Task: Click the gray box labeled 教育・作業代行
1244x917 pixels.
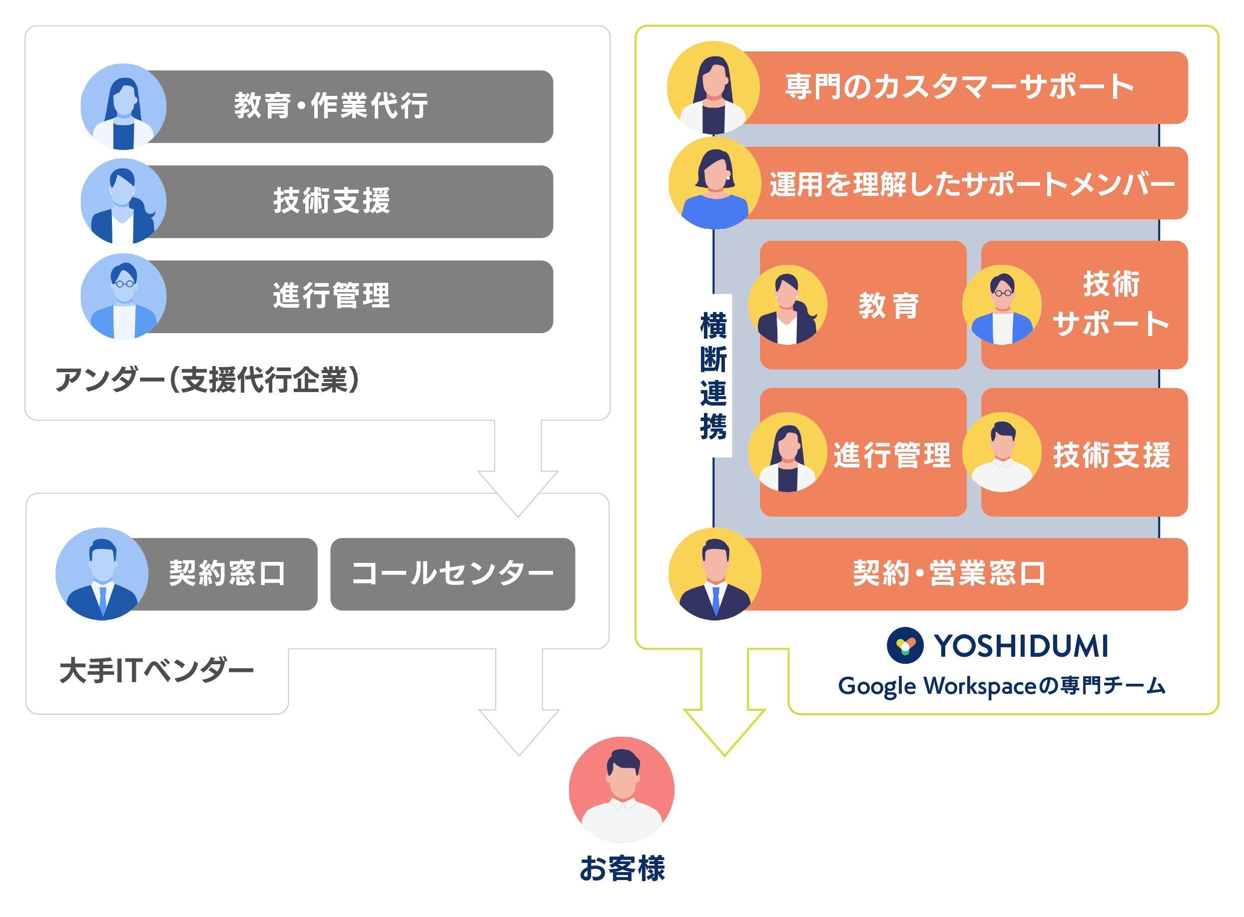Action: (344, 106)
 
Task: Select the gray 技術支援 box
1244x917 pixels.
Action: (344, 201)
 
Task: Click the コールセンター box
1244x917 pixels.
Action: (453, 574)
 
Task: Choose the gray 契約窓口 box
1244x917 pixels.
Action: (222, 574)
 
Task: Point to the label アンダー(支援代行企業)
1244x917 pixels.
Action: (207, 380)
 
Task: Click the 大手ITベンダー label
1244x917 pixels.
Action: (156, 671)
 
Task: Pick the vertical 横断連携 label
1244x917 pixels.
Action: (713, 376)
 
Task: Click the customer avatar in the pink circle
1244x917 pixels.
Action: (622, 789)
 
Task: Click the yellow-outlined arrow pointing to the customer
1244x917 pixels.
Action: (724, 702)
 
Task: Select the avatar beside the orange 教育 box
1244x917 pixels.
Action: (788, 305)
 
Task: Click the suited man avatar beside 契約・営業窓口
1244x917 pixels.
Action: (715, 574)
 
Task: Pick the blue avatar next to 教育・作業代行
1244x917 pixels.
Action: (123, 106)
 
